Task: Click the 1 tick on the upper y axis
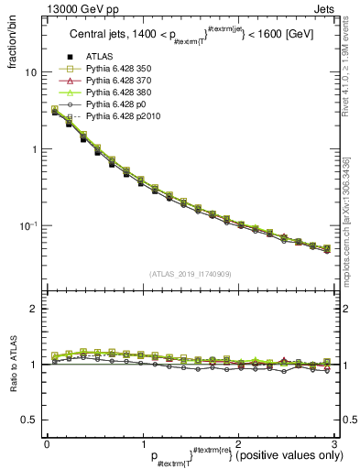coord(34,149)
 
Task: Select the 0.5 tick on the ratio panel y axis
coord(30,420)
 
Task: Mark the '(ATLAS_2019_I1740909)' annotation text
coord(190,274)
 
